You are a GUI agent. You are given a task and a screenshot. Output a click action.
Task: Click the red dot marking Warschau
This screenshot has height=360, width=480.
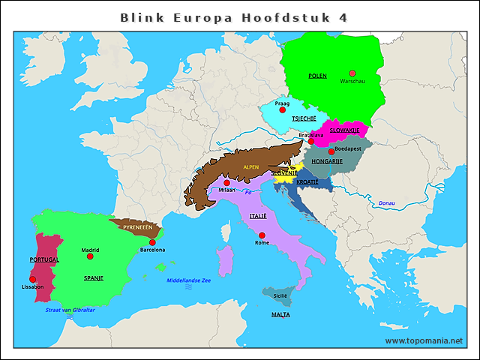(x=352, y=73)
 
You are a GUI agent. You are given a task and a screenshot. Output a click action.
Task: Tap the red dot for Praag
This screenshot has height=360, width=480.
(x=282, y=110)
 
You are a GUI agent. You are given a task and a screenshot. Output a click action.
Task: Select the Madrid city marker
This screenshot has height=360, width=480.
(x=90, y=256)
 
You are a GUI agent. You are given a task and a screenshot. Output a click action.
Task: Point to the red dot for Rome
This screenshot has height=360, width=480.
(x=262, y=236)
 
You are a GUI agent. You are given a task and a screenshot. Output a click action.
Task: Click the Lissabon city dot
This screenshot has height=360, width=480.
(x=33, y=279)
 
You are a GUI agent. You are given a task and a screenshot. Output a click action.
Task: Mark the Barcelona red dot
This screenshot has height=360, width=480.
(x=152, y=242)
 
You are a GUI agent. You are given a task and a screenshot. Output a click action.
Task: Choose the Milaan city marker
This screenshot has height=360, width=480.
(x=226, y=182)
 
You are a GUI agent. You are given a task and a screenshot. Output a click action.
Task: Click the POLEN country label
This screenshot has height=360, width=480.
(x=317, y=76)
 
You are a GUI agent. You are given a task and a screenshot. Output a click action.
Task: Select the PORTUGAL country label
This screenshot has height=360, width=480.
(x=44, y=259)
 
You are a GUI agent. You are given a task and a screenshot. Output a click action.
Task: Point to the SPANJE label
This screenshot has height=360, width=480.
(x=94, y=277)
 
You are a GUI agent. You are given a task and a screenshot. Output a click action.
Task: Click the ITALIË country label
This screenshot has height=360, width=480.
(x=257, y=216)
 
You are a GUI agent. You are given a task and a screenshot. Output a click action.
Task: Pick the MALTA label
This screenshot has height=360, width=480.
(x=280, y=314)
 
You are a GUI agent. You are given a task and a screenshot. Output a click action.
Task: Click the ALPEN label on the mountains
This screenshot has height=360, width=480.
(x=250, y=167)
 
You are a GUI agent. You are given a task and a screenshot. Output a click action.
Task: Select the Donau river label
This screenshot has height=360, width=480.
(x=386, y=203)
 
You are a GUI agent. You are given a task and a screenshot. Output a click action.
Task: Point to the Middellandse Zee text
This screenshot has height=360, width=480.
(x=188, y=280)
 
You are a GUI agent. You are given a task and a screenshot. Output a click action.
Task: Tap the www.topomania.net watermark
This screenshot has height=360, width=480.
(x=424, y=340)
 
